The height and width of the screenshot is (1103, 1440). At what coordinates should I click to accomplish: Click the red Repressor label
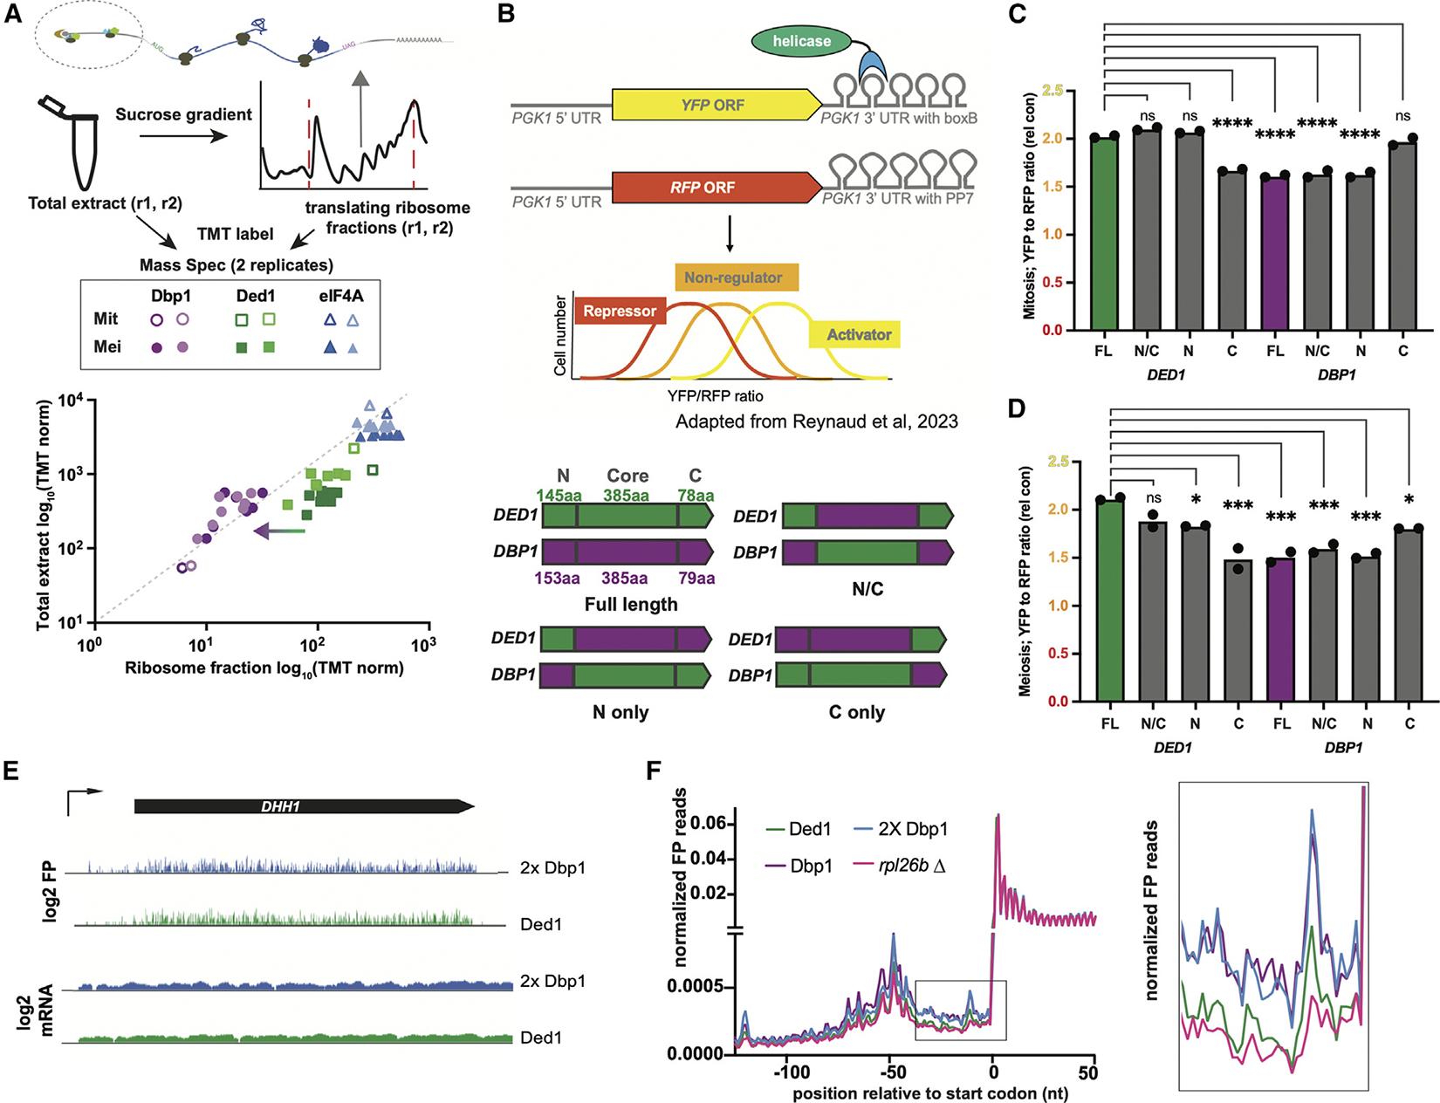coord(620,311)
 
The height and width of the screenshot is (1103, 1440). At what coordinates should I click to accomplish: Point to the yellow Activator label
coord(854,334)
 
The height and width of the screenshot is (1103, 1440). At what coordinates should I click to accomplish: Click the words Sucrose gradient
coord(183,114)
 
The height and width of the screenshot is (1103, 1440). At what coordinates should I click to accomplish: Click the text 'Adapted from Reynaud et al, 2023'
coord(816,421)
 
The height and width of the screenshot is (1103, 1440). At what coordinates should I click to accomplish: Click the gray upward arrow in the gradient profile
coord(360,105)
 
